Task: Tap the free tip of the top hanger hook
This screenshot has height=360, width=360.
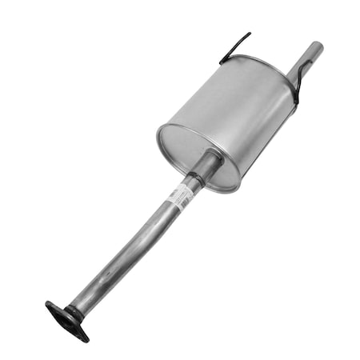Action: coord(248,34)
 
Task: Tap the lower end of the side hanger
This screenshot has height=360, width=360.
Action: coord(295,102)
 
